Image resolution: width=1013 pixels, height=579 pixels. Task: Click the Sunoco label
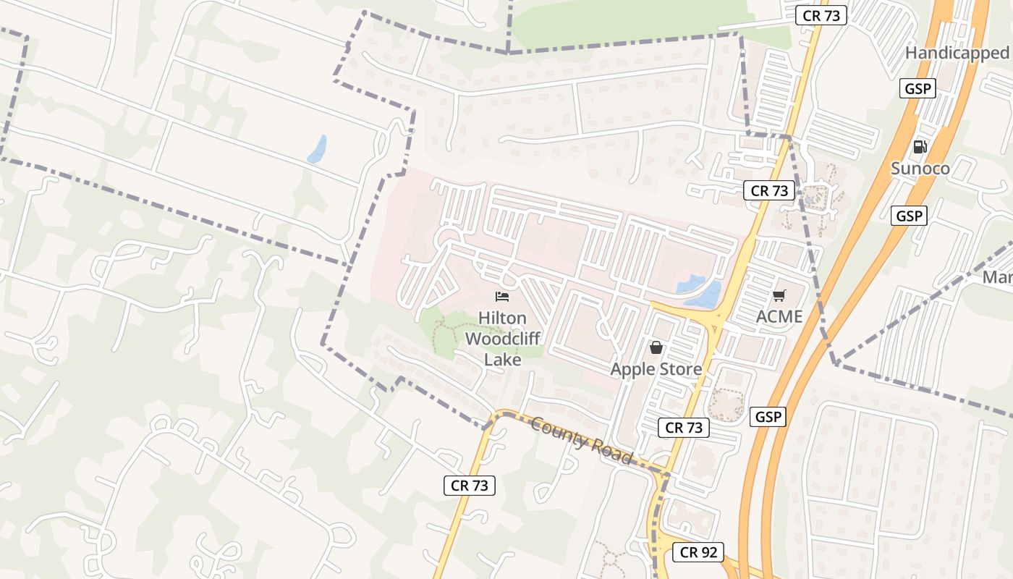(920, 169)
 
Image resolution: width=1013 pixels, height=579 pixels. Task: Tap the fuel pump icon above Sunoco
(920, 147)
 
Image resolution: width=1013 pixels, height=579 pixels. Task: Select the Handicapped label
(957, 53)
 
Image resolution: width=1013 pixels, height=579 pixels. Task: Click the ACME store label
(779, 316)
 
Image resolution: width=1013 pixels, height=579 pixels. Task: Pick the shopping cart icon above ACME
(779, 295)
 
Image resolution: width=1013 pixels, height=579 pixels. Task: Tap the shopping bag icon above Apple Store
(656, 348)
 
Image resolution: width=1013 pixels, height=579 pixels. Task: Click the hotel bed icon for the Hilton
(502, 296)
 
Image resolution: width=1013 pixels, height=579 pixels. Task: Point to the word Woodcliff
(502, 339)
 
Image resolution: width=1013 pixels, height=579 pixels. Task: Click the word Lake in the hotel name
(502, 359)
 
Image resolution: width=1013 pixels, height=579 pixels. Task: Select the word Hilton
(502, 318)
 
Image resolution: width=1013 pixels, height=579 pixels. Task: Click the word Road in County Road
(612, 452)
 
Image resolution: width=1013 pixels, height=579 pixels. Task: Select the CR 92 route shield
(698, 552)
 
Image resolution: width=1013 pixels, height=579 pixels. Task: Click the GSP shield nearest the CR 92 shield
(768, 417)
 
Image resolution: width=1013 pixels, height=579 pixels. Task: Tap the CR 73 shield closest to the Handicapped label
(821, 15)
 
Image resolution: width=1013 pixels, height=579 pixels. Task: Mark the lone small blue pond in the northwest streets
(317, 150)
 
